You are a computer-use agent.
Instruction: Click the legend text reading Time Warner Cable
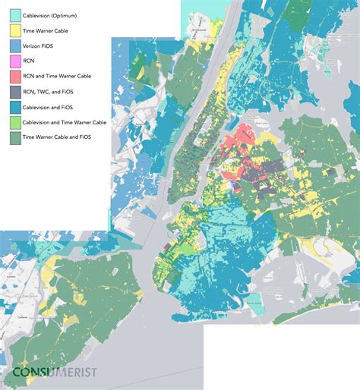pos(50,31)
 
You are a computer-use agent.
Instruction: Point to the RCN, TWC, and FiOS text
pos(55,93)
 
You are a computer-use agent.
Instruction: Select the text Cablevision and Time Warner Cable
pos(69,123)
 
